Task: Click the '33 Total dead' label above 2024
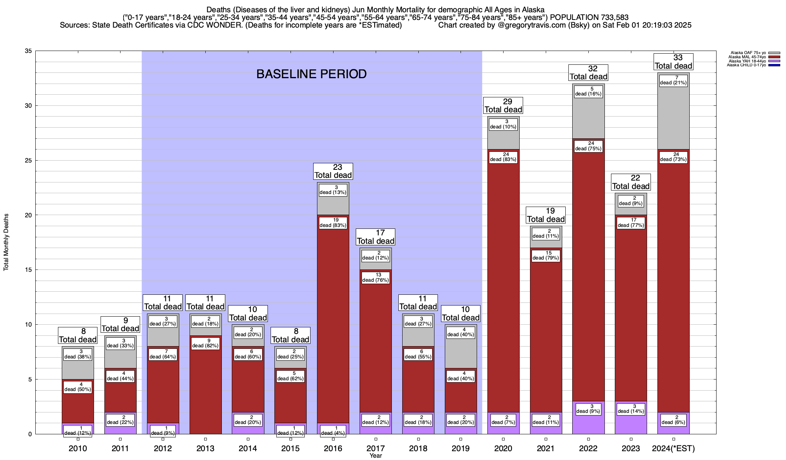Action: pyautogui.click(x=674, y=62)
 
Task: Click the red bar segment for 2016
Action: pyautogui.click(x=333, y=326)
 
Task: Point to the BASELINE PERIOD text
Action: pyautogui.click(x=311, y=74)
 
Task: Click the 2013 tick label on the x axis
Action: pyautogui.click(x=205, y=449)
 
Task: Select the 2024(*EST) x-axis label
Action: pyautogui.click(x=674, y=449)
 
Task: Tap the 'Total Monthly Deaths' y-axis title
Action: pyautogui.click(x=6, y=242)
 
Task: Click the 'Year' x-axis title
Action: pyautogui.click(x=376, y=456)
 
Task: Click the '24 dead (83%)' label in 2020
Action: pyautogui.click(x=503, y=157)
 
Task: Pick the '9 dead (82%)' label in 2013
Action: pyautogui.click(x=205, y=343)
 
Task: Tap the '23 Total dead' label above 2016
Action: pyautogui.click(x=333, y=171)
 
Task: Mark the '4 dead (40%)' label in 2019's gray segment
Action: pyautogui.click(x=461, y=332)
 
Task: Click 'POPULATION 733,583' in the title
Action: pyautogui.click(x=589, y=17)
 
